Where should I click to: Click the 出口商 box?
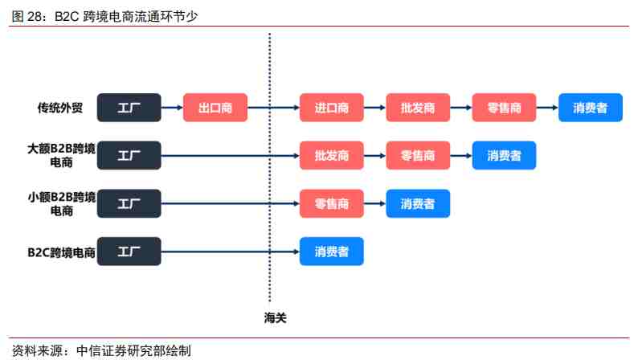215,108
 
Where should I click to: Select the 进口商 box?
332,108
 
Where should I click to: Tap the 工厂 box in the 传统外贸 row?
129,108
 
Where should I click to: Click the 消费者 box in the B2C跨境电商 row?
332,252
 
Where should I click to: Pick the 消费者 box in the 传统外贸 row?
591,108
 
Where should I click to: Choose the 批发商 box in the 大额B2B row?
332,155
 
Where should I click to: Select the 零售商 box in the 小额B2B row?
332,203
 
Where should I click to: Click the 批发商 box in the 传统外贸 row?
418,108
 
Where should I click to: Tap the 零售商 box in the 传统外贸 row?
504,108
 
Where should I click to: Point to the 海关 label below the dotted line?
275,317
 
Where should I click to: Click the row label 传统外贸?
60,108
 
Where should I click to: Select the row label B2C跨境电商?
61,252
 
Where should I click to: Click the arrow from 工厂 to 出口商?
172,108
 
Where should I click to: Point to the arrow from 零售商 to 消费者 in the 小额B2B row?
374,203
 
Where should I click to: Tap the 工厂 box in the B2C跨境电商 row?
129,252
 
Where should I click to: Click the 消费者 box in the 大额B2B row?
504,155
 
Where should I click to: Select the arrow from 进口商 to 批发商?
374,108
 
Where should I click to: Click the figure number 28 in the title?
35,16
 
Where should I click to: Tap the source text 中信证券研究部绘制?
133,350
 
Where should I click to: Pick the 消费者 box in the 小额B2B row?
418,203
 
